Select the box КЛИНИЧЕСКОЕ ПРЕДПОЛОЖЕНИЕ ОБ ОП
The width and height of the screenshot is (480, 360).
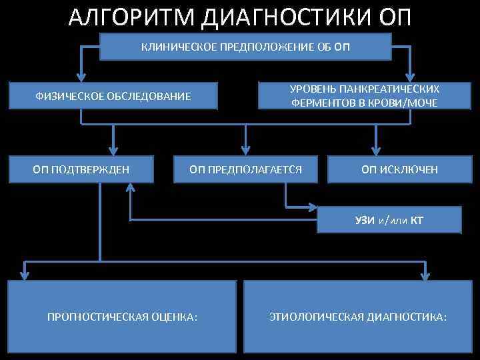click(245, 47)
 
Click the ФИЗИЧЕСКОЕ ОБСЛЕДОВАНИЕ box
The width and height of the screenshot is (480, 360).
click(113, 97)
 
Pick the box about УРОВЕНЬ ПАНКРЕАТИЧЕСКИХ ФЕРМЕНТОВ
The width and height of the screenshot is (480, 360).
click(364, 96)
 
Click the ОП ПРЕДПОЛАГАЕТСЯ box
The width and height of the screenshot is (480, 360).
click(246, 169)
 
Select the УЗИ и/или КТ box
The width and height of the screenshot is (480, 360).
click(389, 219)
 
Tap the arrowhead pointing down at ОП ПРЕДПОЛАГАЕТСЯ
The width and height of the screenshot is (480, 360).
click(246, 151)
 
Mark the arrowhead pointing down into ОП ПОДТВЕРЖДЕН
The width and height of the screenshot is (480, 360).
click(114, 151)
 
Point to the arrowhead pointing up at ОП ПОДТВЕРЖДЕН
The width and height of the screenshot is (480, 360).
click(130, 189)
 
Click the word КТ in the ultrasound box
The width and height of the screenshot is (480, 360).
click(417, 219)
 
